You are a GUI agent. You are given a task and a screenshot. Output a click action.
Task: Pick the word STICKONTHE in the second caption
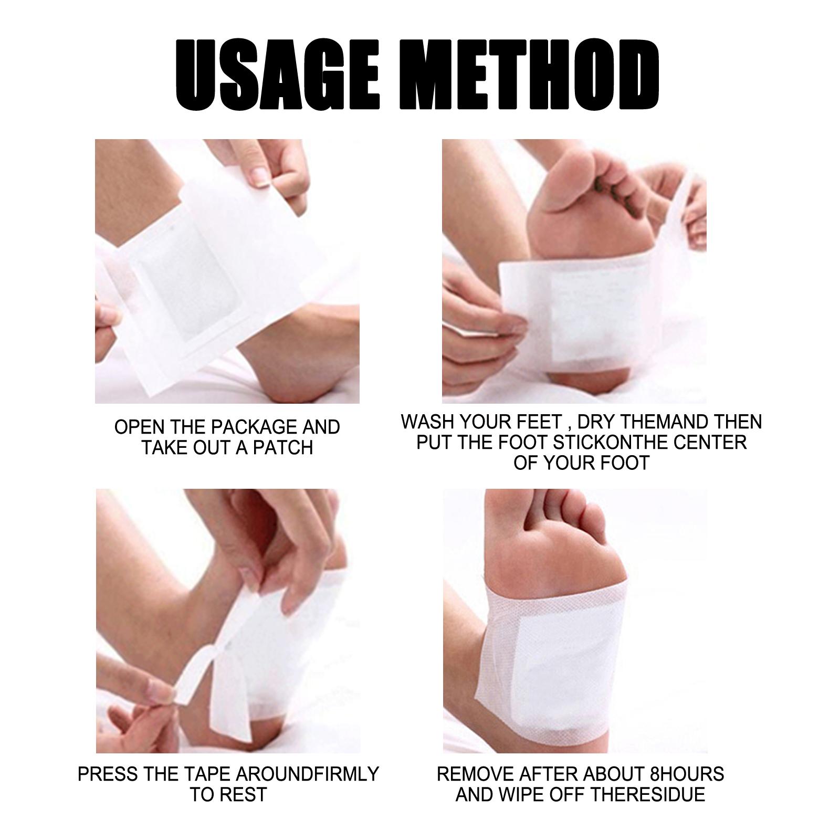pos(611,443)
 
